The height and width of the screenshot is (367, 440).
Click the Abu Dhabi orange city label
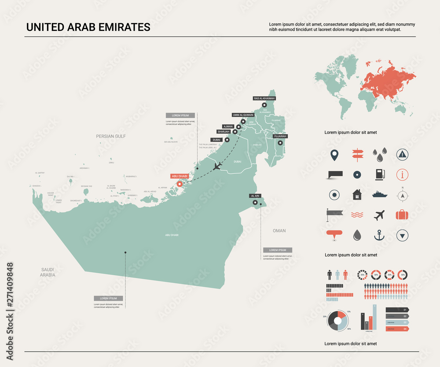179,176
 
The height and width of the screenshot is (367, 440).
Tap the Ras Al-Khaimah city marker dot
264,105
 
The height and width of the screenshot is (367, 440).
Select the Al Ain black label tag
255,196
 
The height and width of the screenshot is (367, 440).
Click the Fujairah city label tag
280,136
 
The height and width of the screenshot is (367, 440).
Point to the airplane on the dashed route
217,166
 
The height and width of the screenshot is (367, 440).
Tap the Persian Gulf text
111,137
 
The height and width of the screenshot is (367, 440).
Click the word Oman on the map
279,230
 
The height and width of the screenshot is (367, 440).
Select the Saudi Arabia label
48,272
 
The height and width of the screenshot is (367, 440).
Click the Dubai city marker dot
227,140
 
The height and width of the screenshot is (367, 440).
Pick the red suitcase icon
402,215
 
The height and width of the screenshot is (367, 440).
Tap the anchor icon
379,235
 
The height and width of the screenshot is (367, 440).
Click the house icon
357,194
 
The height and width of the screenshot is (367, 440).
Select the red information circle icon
402,174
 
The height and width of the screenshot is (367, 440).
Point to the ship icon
379,194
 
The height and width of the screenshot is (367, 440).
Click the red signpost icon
357,154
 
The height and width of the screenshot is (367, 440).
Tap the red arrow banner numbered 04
397,329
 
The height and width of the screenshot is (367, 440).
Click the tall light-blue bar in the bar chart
375,317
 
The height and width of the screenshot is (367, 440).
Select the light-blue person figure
337,275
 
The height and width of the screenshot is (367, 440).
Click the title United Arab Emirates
88,27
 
